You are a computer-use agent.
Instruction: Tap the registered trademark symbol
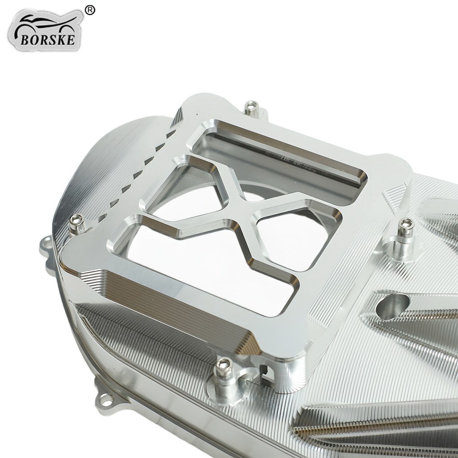coord(90,10)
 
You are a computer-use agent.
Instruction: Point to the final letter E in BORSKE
coord(71,40)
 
